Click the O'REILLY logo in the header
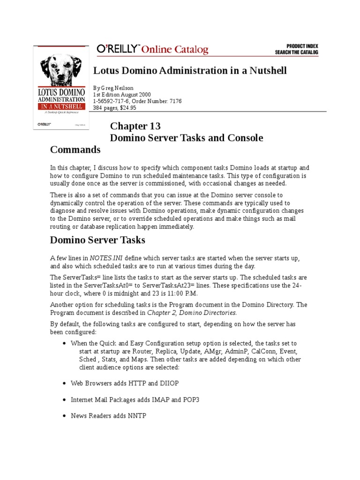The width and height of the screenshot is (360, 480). [x=117, y=49]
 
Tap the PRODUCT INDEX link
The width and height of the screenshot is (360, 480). [x=296, y=46]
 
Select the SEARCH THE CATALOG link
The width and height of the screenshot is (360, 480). [x=296, y=52]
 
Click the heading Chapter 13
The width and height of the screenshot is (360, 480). [x=135, y=126]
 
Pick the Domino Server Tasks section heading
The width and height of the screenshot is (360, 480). [x=97, y=240]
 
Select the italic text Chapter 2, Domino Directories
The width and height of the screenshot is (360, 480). [x=192, y=312]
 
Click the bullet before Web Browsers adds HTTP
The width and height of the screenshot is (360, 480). [x=64, y=383]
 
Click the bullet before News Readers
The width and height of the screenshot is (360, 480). [x=64, y=416]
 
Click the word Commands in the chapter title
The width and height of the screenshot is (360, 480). [x=75, y=150]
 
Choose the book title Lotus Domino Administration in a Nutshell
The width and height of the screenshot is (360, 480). [x=190, y=70]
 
